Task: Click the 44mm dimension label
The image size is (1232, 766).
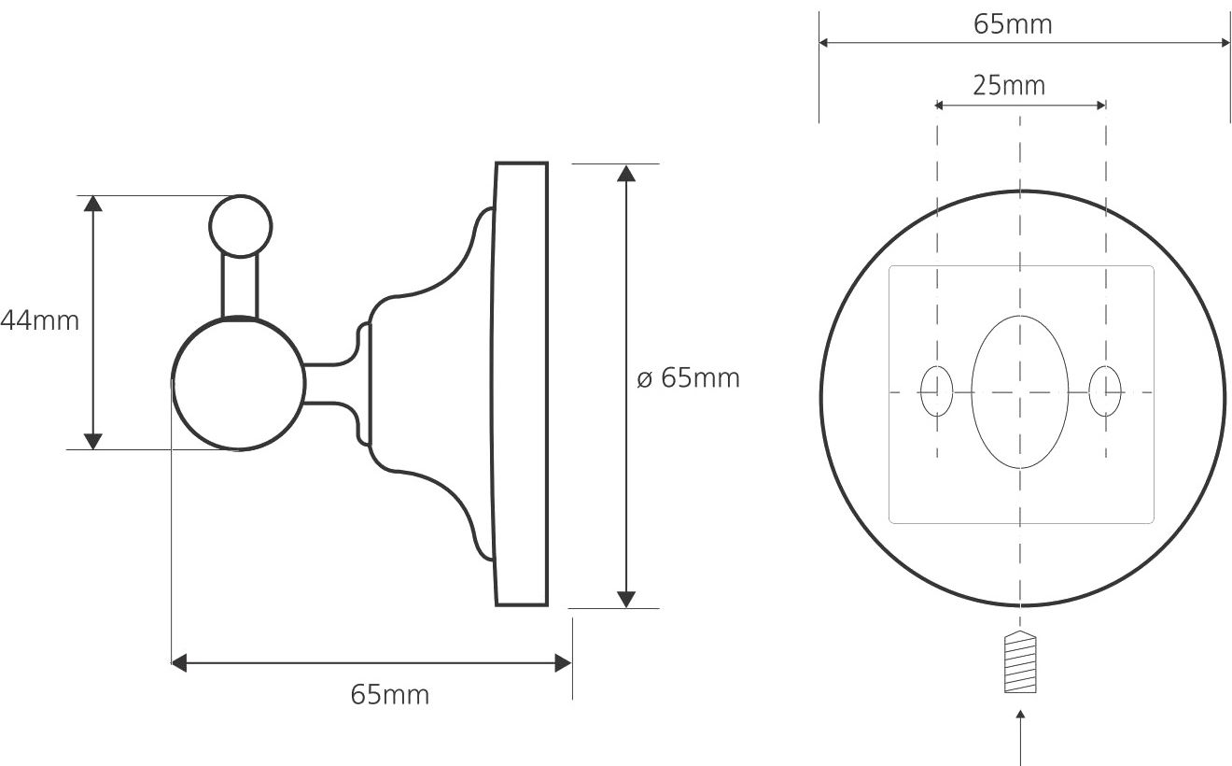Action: [39, 320]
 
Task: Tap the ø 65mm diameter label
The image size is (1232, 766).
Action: [688, 378]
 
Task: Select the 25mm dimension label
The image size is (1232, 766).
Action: [1009, 86]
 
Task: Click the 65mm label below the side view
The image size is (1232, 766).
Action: [389, 695]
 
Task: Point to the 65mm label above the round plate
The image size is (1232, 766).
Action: [1013, 25]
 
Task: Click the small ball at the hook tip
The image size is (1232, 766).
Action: [241, 226]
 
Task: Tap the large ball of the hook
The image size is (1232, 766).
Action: [239, 384]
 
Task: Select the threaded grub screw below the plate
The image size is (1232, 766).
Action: [1020, 661]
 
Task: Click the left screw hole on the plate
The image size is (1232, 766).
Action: [937, 391]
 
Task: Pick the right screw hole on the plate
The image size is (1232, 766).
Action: [1105, 391]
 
